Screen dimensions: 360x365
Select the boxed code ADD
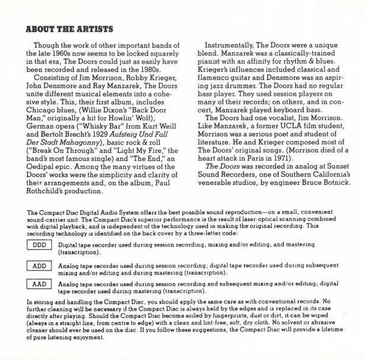pyautogui.click(x=38, y=266)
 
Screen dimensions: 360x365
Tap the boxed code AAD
pyautogui.click(x=38, y=283)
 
